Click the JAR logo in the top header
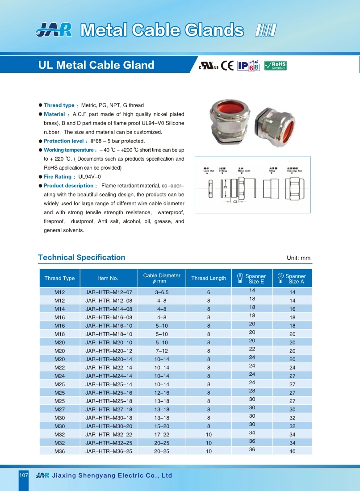[x=54, y=30]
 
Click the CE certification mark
[x=227, y=66]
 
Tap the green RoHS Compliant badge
[x=275, y=66]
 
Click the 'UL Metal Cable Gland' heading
[x=96, y=65]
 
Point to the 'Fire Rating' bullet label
[x=58, y=177]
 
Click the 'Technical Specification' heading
[x=82, y=258]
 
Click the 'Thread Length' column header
[x=209, y=279]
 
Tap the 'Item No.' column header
[x=108, y=279]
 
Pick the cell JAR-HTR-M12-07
[x=109, y=292]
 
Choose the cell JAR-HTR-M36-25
[x=109, y=451]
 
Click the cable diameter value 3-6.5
[x=162, y=292]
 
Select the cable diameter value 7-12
[x=162, y=351]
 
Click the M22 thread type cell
[x=60, y=368]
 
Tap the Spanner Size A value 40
[x=293, y=451]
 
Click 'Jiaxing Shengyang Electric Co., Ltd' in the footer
[x=112, y=476]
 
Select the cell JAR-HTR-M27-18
[x=109, y=409]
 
